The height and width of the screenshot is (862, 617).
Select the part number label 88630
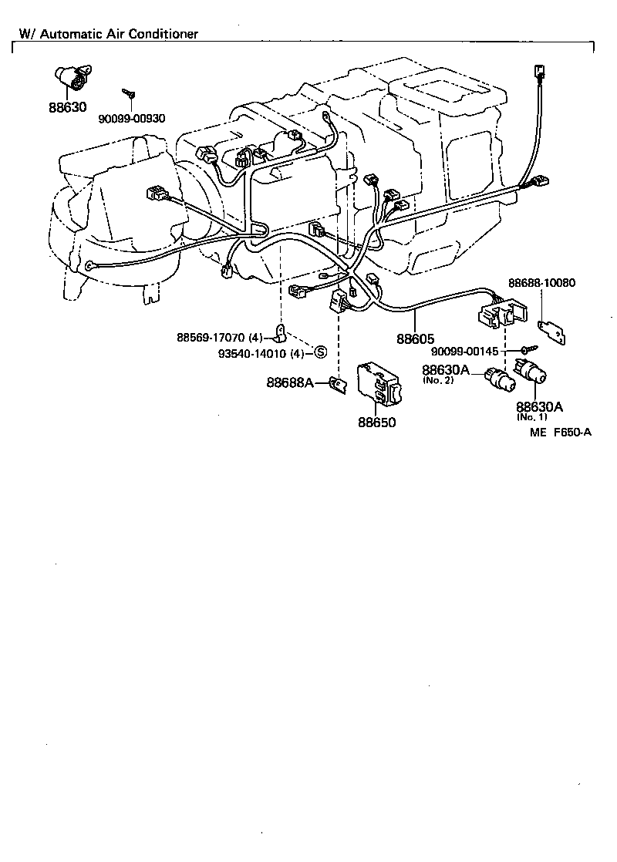coord(68,108)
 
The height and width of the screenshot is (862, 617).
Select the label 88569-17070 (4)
coord(221,337)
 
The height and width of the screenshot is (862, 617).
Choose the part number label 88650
coord(376,423)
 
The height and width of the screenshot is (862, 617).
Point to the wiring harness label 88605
coord(416,338)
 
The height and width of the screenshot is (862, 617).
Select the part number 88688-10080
coord(541,283)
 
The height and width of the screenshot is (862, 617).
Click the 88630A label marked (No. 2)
coord(446,369)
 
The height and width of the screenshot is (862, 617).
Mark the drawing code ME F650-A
coord(560,432)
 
